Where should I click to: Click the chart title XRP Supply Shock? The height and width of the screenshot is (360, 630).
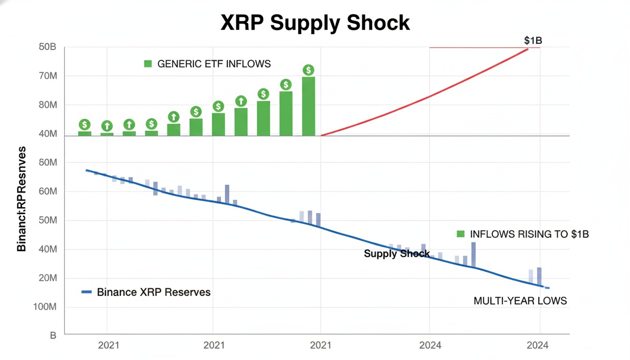point(315,22)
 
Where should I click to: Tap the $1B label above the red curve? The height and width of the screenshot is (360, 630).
point(533,41)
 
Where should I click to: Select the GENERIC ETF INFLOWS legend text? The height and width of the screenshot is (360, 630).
point(214,64)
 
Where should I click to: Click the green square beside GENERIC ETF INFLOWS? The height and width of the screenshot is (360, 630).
point(148,64)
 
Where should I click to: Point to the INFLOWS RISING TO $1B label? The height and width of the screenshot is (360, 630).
point(529,234)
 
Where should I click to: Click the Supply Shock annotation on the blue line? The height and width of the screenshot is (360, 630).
point(397,254)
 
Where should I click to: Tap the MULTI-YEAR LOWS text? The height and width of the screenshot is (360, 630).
point(520,300)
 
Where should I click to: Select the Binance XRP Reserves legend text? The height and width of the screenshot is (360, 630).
point(154,292)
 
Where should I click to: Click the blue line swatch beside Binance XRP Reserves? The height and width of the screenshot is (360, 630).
point(87,292)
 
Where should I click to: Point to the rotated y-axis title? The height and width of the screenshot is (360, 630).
point(22,199)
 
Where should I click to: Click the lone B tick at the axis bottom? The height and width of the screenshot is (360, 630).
point(53,336)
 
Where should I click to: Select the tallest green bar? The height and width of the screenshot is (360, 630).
point(308,106)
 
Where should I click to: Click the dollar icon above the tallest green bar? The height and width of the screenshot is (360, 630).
point(308,70)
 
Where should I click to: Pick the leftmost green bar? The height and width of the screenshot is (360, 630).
point(85,134)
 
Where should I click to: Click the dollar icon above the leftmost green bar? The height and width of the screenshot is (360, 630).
point(85,124)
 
